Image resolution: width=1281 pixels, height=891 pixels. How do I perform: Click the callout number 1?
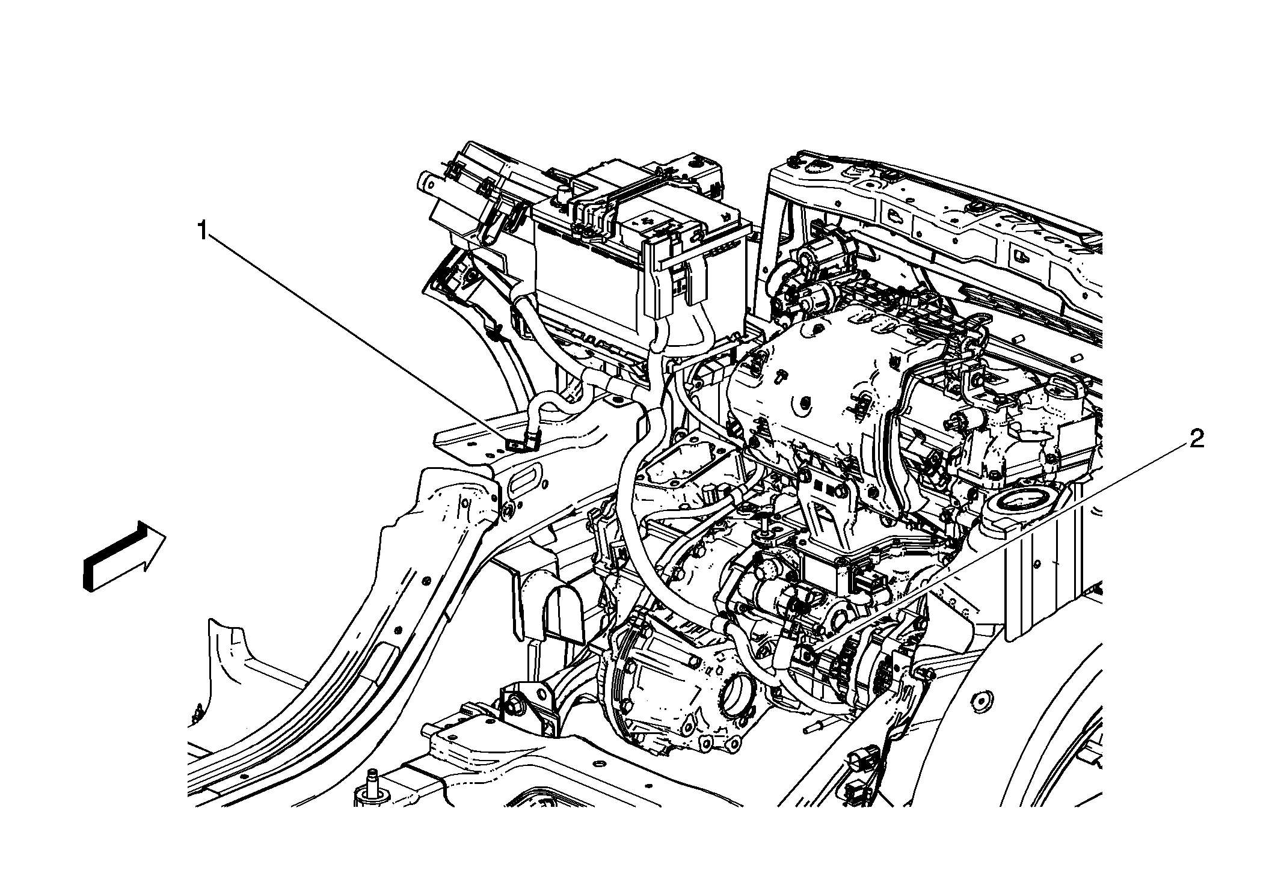[x=204, y=230]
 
